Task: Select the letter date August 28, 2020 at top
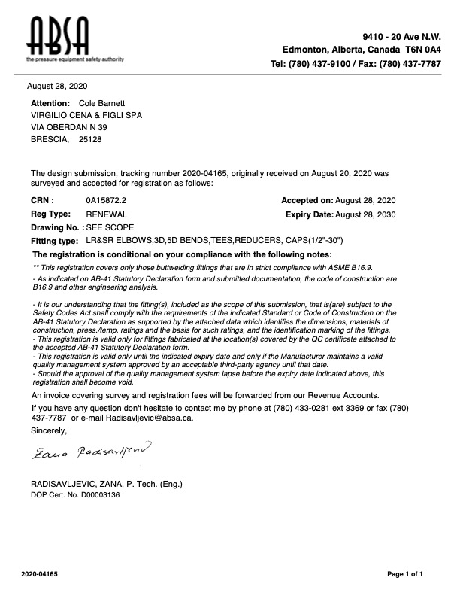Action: tap(57, 87)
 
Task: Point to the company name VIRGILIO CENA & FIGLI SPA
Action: tap(86, 115)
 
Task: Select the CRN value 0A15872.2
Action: tap(107, 201)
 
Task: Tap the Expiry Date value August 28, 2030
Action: tap(365, 214)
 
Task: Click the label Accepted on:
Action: tap(307, 201)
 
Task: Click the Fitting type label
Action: tap(54, 241)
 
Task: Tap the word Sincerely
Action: tap(49, 430)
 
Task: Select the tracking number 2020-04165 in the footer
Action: tap(40, 574)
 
